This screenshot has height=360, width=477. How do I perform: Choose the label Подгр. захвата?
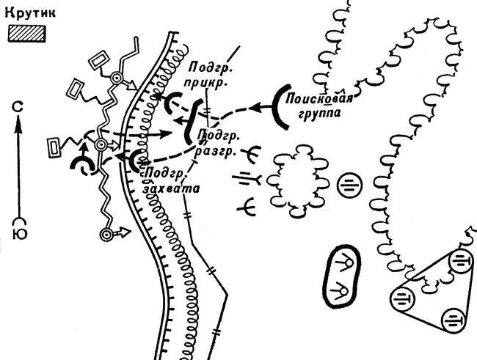(x=170, y=179)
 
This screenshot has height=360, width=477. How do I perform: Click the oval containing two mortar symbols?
(x=343, y=275)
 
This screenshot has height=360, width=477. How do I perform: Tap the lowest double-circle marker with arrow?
(x=108, y=234)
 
